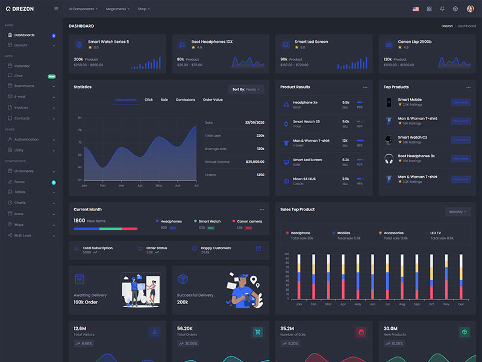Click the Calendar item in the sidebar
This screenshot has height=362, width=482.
click(x=22, y=66)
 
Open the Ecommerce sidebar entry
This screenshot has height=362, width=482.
click(x=24, y=86)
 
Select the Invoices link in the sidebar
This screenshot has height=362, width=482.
click(x=21, y=107)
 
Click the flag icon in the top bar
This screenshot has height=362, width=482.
click(x=416, y=9)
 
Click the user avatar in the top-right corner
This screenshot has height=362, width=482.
click(x=470, y=9)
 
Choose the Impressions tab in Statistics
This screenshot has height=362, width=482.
click(x=126, y=100)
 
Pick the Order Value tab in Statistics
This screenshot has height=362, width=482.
click(x=213, y=100)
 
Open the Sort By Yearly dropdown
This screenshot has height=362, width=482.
click(x=246, y=89)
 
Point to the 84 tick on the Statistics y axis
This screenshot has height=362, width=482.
click(x=80, y=118)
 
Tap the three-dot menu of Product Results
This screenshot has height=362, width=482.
click(x=365, y=87)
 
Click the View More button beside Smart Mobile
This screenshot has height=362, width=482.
click(x=461, y=103)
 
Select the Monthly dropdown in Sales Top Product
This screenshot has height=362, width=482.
click(x=458, y=212)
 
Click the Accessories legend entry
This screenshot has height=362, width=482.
click(x=393, y=233)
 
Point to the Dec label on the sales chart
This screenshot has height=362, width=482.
click(x=461, y=304)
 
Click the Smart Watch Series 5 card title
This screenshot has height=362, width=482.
click(x=108, y=42)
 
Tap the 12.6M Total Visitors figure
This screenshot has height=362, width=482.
click(x=80, y=328)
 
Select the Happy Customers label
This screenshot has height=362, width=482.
click(x=216, y=248)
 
